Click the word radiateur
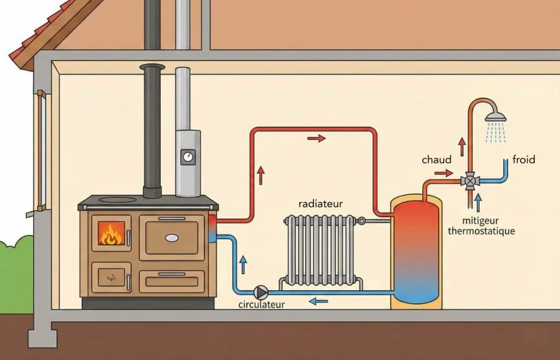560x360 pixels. click(320, 204)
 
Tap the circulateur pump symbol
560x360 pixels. click(262, 291)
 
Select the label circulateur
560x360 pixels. click(261, 304)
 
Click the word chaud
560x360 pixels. click(437, 160)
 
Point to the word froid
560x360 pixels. click(523, 160)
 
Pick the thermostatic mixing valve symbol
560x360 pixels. click(470, 181)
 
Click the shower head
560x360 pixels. click(495, 117)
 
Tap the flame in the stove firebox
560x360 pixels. click(111, 234)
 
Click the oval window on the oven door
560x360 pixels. click(172, 237)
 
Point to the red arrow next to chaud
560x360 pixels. click(444, 173)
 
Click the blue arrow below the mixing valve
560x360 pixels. click(478, 203)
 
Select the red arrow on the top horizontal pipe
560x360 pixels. click(316, 138)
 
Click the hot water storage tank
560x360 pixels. click(416, 252)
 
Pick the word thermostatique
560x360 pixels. click(481, 231)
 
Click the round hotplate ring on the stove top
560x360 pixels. click(118, 200)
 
